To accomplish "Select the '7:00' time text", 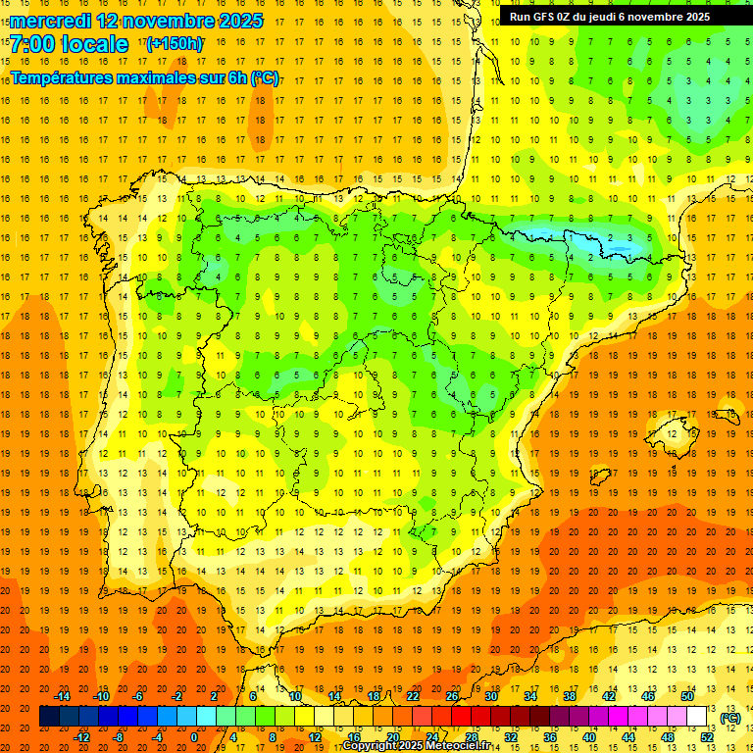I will tap(35, 45).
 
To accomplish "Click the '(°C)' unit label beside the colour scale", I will tap(729, 718).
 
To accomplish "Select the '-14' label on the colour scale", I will tap(63, 696).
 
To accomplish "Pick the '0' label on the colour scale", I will tap(194, 737).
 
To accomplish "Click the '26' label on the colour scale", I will tap(452, 696).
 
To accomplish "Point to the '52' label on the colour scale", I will tap(707, 737).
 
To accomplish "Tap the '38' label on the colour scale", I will tap(569, 696).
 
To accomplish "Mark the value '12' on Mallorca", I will tap(670, 433).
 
